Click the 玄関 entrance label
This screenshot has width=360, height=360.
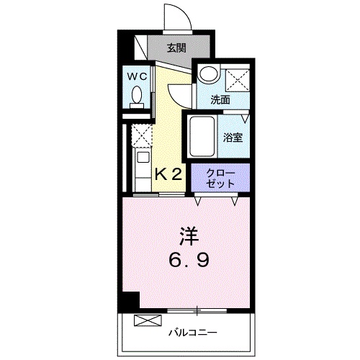[177, 49]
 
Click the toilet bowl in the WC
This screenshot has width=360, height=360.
[138, 96]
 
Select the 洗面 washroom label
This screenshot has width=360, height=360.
[220, 100]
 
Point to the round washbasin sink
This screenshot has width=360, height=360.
[209, 74]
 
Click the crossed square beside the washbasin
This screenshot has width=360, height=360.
[236, 77]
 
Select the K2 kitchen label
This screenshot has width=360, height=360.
[170, 174]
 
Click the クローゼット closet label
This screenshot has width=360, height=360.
[220, 178]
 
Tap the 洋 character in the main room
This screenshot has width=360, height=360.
[189, 236]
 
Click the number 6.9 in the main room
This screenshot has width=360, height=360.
[189, 259]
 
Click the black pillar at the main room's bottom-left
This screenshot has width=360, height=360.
[130, 302]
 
